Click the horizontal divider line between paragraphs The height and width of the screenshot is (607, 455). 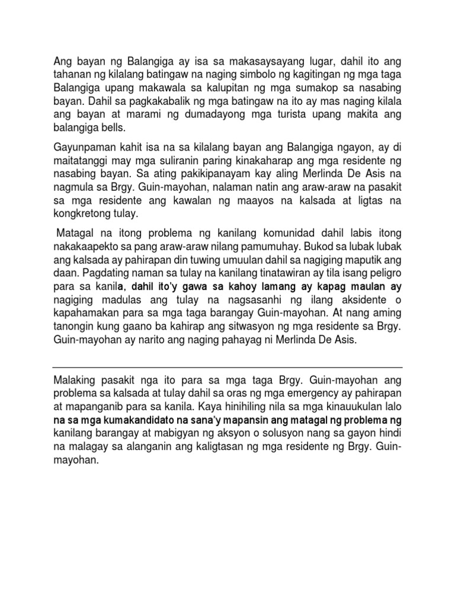coord(227,366)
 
